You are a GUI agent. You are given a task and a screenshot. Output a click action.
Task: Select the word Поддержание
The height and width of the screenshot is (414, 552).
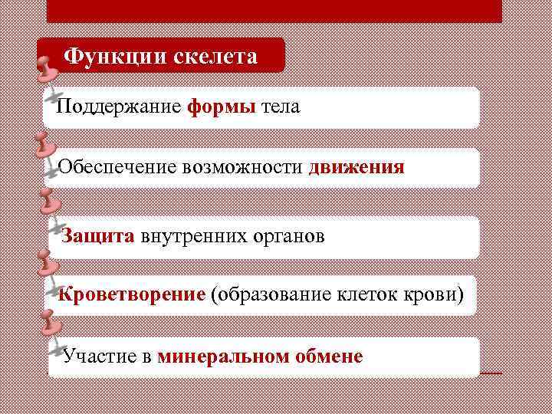tap(119, 107)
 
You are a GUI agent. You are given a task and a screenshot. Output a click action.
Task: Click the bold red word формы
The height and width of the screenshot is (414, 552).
tap(221, 107)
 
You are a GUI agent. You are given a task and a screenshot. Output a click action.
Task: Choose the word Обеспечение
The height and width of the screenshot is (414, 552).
tap(118, 167)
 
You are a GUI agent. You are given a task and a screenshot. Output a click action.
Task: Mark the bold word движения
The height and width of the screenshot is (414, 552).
tap(356, 167)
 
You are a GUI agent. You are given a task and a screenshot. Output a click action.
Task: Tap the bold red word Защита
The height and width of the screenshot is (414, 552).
tap(98, 235)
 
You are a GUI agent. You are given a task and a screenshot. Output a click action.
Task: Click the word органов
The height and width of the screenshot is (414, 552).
tap(289, 235)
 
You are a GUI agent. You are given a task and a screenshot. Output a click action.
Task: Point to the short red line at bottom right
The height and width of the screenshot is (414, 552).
tap(491, 373)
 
